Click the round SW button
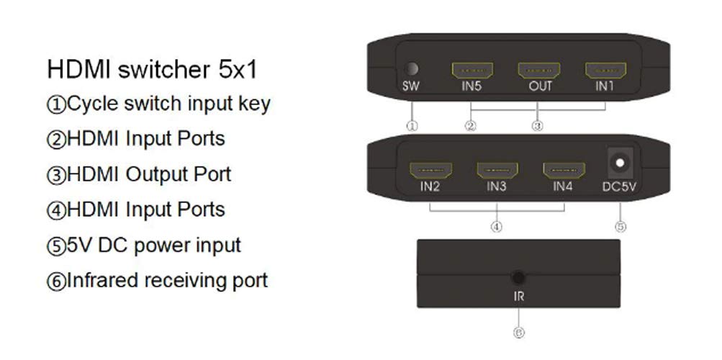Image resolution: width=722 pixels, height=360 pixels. point(411,69)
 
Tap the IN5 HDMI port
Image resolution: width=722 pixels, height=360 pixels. point(472,71)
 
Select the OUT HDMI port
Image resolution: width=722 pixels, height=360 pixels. point(539,71)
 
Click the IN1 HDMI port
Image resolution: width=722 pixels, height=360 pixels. point(605,71)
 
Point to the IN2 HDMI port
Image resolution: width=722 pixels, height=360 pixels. point(430,171)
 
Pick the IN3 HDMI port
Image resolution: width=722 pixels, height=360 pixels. point(497,171)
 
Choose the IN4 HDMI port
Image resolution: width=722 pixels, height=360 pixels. point(564,171)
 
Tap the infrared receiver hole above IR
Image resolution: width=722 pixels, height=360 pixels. point(518,278)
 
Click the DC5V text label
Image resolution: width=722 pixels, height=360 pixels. point(619,187)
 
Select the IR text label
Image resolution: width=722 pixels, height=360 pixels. point(518,297)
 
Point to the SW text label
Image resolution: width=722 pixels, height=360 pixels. point(411,86)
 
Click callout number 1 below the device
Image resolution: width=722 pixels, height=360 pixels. point(412,126)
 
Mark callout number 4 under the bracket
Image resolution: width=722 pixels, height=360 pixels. point(497,227)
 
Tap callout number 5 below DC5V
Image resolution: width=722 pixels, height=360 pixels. point(621,227)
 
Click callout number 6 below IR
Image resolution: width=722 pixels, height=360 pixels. point(518,333)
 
